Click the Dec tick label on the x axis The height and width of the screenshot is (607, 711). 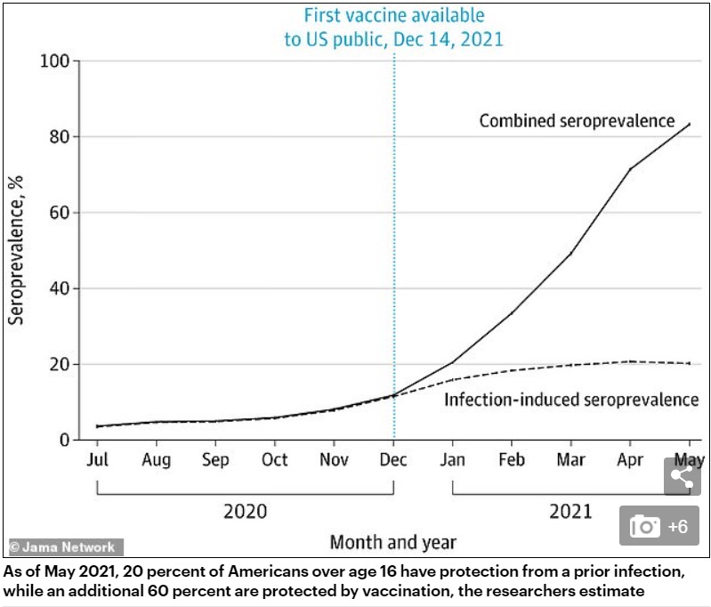pyautogui.click(x=393, y=459)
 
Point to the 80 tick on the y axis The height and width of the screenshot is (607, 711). pyautogui.click(x=59, y=137)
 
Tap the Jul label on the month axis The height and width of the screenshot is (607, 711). pyautogui.click(x=98, y=459)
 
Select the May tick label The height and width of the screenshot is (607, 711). pyautogui.click(x=689, y=459)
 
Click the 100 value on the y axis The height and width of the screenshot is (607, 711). pyautogui.click(x=54, y=61)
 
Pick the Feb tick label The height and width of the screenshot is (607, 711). pyautogui.click(x=512, y=459)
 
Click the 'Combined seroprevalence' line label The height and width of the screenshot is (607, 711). pyautogui.click(x=577, y=121)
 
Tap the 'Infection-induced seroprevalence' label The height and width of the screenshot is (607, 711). pyautogui.click(x=571, y=400)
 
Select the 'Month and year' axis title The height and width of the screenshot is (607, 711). pyautogui.click(x=392, y=541)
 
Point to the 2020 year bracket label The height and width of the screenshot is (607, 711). pyautogui.click(x=245, y=512)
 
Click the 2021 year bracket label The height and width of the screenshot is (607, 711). pyautogui.click(x=570, y=512)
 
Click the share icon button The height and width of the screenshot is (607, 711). pyautogui.click(x=681, y=476)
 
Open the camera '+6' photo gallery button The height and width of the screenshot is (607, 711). pyautogui.click(x=659, y=526)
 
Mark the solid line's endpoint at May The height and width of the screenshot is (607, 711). pyautogui.click(x=689, y=124)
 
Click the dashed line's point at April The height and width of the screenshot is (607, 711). pyautogui.click(x=630, y=360)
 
